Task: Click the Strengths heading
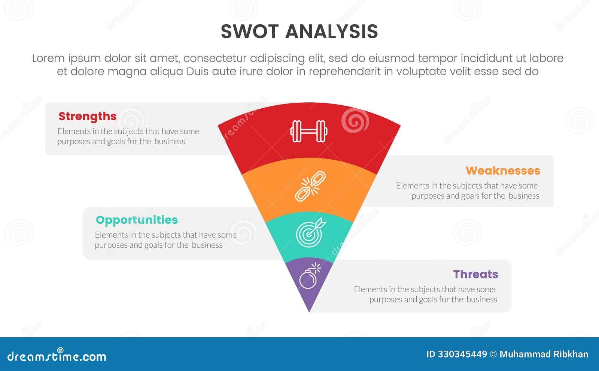pos(87,117)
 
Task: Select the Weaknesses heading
pos(503,171)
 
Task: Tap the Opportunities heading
pos(137,220)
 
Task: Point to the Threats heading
pos(475,274)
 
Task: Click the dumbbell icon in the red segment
pos(309,131)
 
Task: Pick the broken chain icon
pos(310,186)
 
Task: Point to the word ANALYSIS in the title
pos(332,31)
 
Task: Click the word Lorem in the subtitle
pos(48,58)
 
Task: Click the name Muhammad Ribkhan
pos(544,354)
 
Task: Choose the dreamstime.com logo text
pos(57,356)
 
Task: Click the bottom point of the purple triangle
pos(309,311)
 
